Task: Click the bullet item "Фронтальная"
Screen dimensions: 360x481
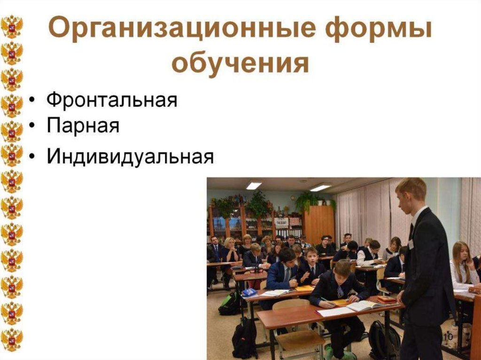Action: coord(112,100)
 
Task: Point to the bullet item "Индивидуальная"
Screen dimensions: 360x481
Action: coord(130,157)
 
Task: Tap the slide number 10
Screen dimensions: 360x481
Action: coord(447,337)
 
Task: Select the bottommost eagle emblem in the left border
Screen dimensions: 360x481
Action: coord(11,338)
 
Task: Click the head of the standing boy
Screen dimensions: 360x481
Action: coord(411,192)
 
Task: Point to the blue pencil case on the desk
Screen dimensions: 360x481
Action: coord(250,292)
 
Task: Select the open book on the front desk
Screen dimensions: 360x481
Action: coord(362,306)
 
